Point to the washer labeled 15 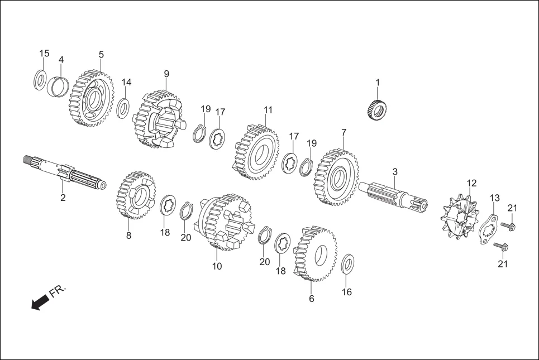coord(40,79)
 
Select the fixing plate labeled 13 coord(487,228)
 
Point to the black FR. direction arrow coord(40,303)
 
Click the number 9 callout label coord(166,74)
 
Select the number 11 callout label coord(268,110)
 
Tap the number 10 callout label coord(217,266)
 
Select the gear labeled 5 coord(92,98)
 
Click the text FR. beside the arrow coord(58,292)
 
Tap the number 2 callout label coord(63,198)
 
